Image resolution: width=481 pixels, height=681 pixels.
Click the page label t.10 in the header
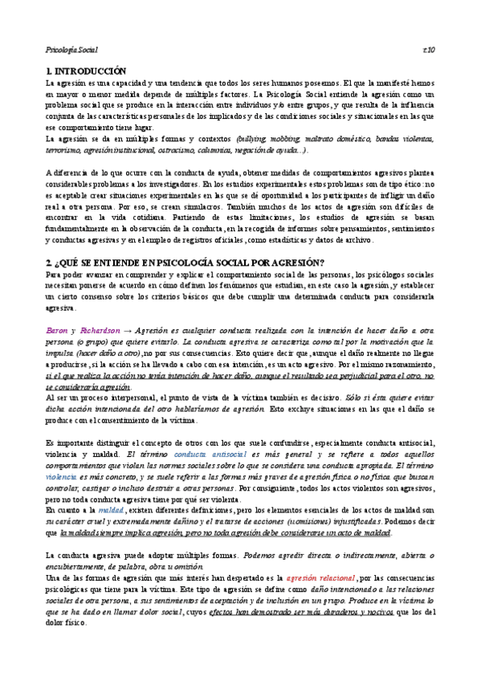428,50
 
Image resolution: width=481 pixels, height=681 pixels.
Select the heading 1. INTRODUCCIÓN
87,71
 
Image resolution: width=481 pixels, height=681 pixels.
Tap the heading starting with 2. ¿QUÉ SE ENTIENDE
185,263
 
